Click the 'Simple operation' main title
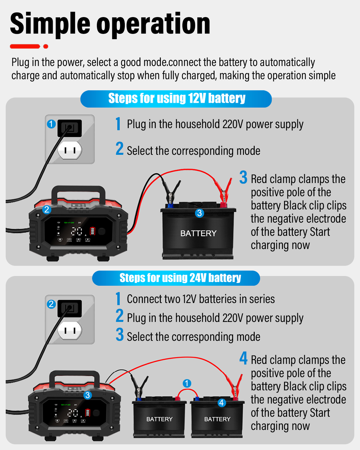(x=110, y=24)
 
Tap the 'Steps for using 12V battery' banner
(x=176, y=99)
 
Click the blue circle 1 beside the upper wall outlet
(x=51, y=124)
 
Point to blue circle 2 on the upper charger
(x=46, y=209)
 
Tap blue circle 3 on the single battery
(x=199, y=213)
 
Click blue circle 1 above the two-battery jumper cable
(x=187, y=383)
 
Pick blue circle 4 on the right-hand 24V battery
(x=221, y=403)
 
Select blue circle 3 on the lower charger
(x=88, y=395)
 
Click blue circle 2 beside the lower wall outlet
(x=51, y=304)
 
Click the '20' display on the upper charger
(x=76, y=231)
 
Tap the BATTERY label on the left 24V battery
(x=159, y=419)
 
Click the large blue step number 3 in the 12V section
(x=243, y=177)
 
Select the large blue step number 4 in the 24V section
(x=243, y=358)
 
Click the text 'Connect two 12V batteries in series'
(x=201, y=299)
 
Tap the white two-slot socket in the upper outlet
(x=70, y=150)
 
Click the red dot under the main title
(x=46, y=46)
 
